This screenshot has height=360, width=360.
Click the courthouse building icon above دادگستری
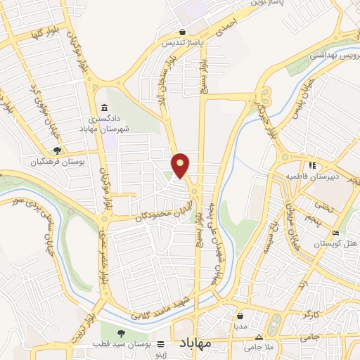(104, 108)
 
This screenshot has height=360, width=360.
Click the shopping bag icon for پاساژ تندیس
(183, 32)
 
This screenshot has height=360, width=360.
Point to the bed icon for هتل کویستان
(335, 233)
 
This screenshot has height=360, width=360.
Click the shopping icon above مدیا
(240, 316)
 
